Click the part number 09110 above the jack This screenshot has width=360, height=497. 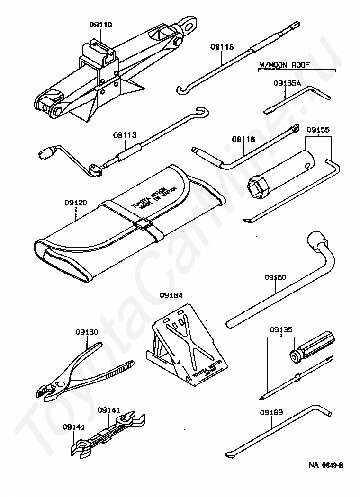[x=100, y=25]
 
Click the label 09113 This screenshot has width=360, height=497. [x=125, y=135]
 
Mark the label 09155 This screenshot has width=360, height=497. [x=318, y=130]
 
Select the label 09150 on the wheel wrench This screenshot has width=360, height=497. [x=275, y=278]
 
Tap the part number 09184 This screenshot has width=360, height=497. [x=171, y=295]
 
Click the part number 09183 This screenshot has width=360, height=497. [x=271, y=413]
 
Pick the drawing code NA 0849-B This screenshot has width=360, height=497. [x=327, y=465]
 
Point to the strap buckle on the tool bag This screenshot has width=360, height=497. [x=142, y=223]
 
